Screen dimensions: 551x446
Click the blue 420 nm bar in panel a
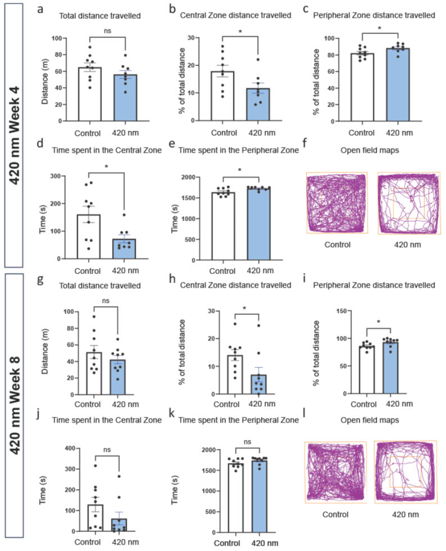coord(126,98)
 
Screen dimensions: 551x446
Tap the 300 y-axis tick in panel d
coord(65,176)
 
